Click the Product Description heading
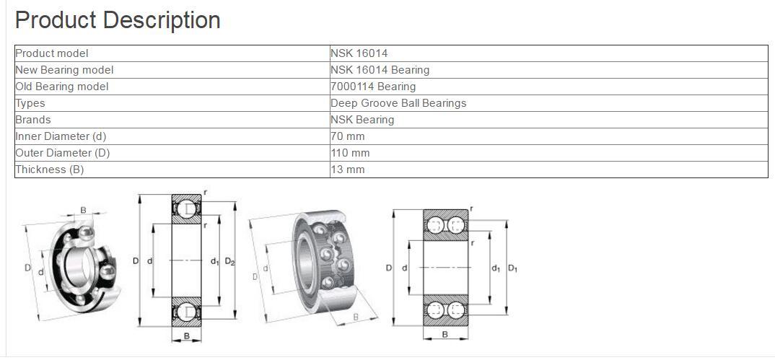[x=118, y=20]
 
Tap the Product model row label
[x=52, y=53]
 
